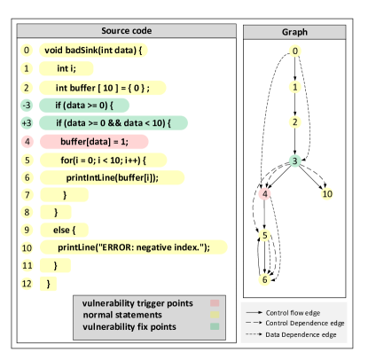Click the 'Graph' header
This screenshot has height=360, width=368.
294,31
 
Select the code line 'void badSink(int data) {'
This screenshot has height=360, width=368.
92,51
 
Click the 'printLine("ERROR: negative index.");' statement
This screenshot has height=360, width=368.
133,247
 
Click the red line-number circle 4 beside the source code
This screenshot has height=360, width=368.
27,142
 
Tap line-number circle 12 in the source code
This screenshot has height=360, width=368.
27,283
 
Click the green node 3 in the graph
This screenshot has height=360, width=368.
294,160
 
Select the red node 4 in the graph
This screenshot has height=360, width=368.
264,193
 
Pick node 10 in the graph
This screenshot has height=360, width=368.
326,193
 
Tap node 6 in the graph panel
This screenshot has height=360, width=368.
264,279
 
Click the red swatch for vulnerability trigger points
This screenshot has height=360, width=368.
214,303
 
